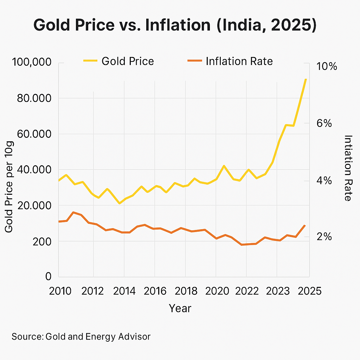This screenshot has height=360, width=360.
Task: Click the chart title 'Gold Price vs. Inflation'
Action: coord(175,26)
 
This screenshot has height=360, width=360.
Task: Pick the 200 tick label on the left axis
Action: coord(41,242)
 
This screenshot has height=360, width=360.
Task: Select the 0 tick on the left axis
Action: coord(49,277)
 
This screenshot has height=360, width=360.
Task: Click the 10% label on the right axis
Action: coord(326,66)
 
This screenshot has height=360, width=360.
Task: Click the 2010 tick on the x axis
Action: coord(58,291)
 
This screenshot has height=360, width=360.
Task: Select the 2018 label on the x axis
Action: coord(185,291)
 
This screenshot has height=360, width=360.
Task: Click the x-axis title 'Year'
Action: coord(180,308)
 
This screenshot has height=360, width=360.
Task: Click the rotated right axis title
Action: coord(348,168)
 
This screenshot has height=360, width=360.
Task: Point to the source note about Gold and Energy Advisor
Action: coord(81,336)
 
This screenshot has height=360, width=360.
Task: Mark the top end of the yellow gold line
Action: coord(306,79)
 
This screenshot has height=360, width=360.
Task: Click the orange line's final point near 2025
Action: coord(305,225)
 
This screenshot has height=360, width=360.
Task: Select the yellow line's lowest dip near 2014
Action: coord(120,203)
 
